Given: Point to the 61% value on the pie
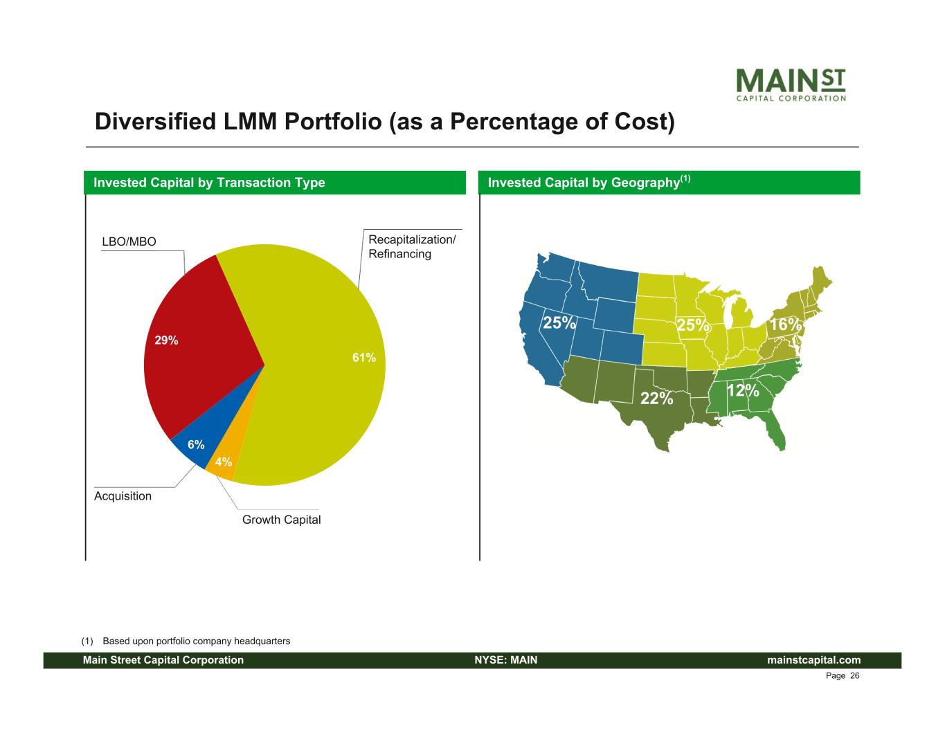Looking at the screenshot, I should click(364, 358).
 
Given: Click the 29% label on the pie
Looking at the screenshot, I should click(166, 340).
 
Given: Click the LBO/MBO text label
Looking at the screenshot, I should click(129, 241).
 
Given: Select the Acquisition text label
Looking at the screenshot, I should click(123, 495).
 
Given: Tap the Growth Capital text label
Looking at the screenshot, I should click(281, 519).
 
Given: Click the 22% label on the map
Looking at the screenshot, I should click(656, 398).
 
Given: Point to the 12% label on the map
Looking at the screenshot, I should click(743, 391).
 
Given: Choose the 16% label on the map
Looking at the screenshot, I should click(785, 325).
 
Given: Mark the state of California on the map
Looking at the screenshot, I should click(537, 346).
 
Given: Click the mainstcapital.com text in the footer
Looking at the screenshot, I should click(814, 660).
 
